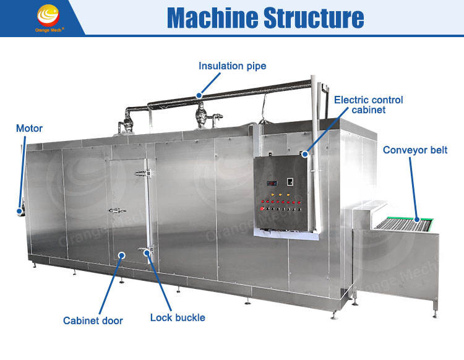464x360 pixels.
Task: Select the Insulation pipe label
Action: click(x=232, y=66)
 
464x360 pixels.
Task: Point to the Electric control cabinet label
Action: click(x=368, y=105)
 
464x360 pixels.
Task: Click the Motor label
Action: click(x=29, y=129)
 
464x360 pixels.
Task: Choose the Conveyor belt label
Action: click(x=415, y=150)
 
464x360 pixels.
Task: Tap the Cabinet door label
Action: click(x=93, y=320)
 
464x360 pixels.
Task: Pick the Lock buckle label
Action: click(x=178, y=317)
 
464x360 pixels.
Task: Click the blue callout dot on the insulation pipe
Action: click(x=199, y=95)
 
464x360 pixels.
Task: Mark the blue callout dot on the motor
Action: click(x=19, y=211)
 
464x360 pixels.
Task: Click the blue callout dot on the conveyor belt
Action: click(x=417, y=218)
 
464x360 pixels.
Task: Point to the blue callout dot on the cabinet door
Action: click(x=122, y=254)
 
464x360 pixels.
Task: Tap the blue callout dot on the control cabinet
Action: click(x=304, y=155)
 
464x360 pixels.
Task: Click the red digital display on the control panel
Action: click(x=270, y=183)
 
